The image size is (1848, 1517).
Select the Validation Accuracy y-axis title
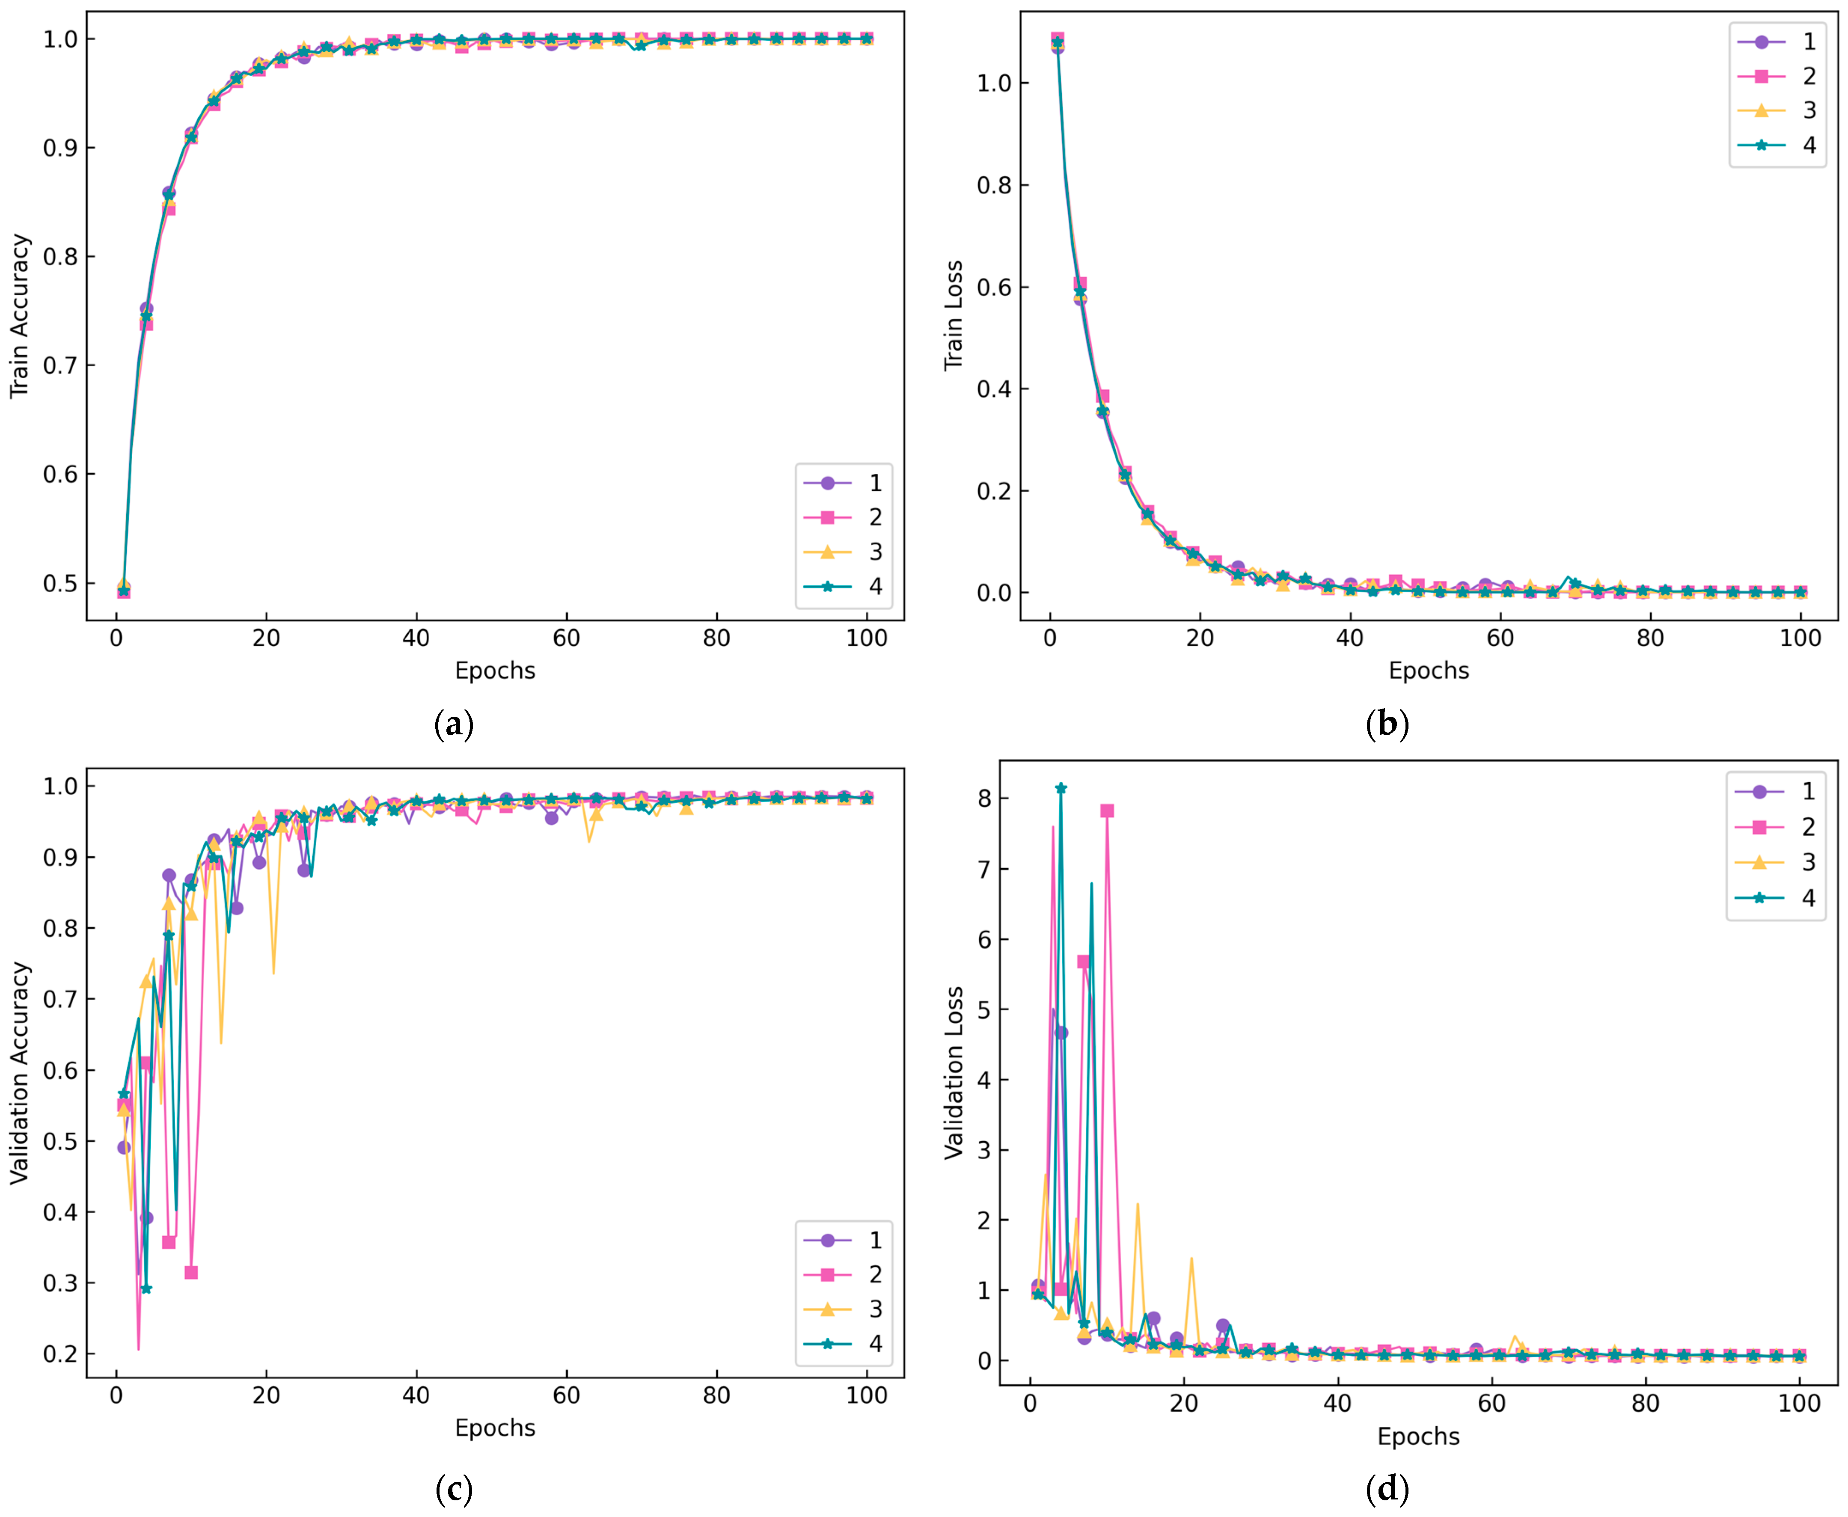pos(19,1073)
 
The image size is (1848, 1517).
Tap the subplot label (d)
pos(1387,1488)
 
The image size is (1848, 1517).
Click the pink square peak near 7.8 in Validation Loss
pos(1107,811)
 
